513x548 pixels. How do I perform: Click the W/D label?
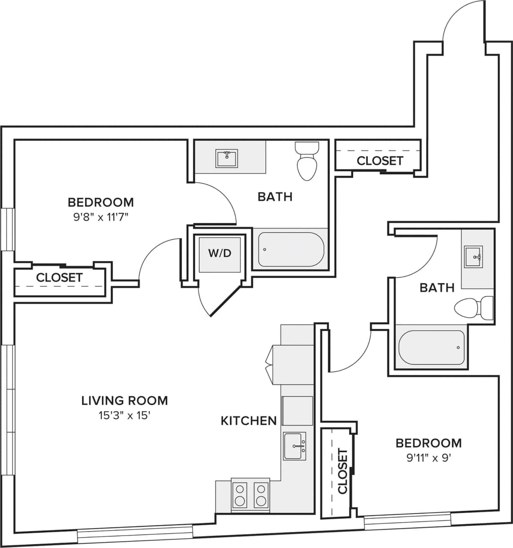coord(220,253)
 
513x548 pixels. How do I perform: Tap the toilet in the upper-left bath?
coord(307,161)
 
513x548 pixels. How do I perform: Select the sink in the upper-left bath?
coord(227,159)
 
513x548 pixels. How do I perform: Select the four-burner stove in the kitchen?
coord(250,495)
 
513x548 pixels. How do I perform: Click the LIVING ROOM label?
coord(125,401)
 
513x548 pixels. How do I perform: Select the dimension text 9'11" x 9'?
coord(429,458)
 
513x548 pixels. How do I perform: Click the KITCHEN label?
coord(249,421)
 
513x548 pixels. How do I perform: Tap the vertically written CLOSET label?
coord(343,471)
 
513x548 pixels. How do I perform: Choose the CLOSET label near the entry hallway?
coord(380,161)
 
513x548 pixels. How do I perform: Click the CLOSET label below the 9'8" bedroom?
coord(59,277)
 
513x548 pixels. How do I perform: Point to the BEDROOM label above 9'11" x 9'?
coord(429,443)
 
